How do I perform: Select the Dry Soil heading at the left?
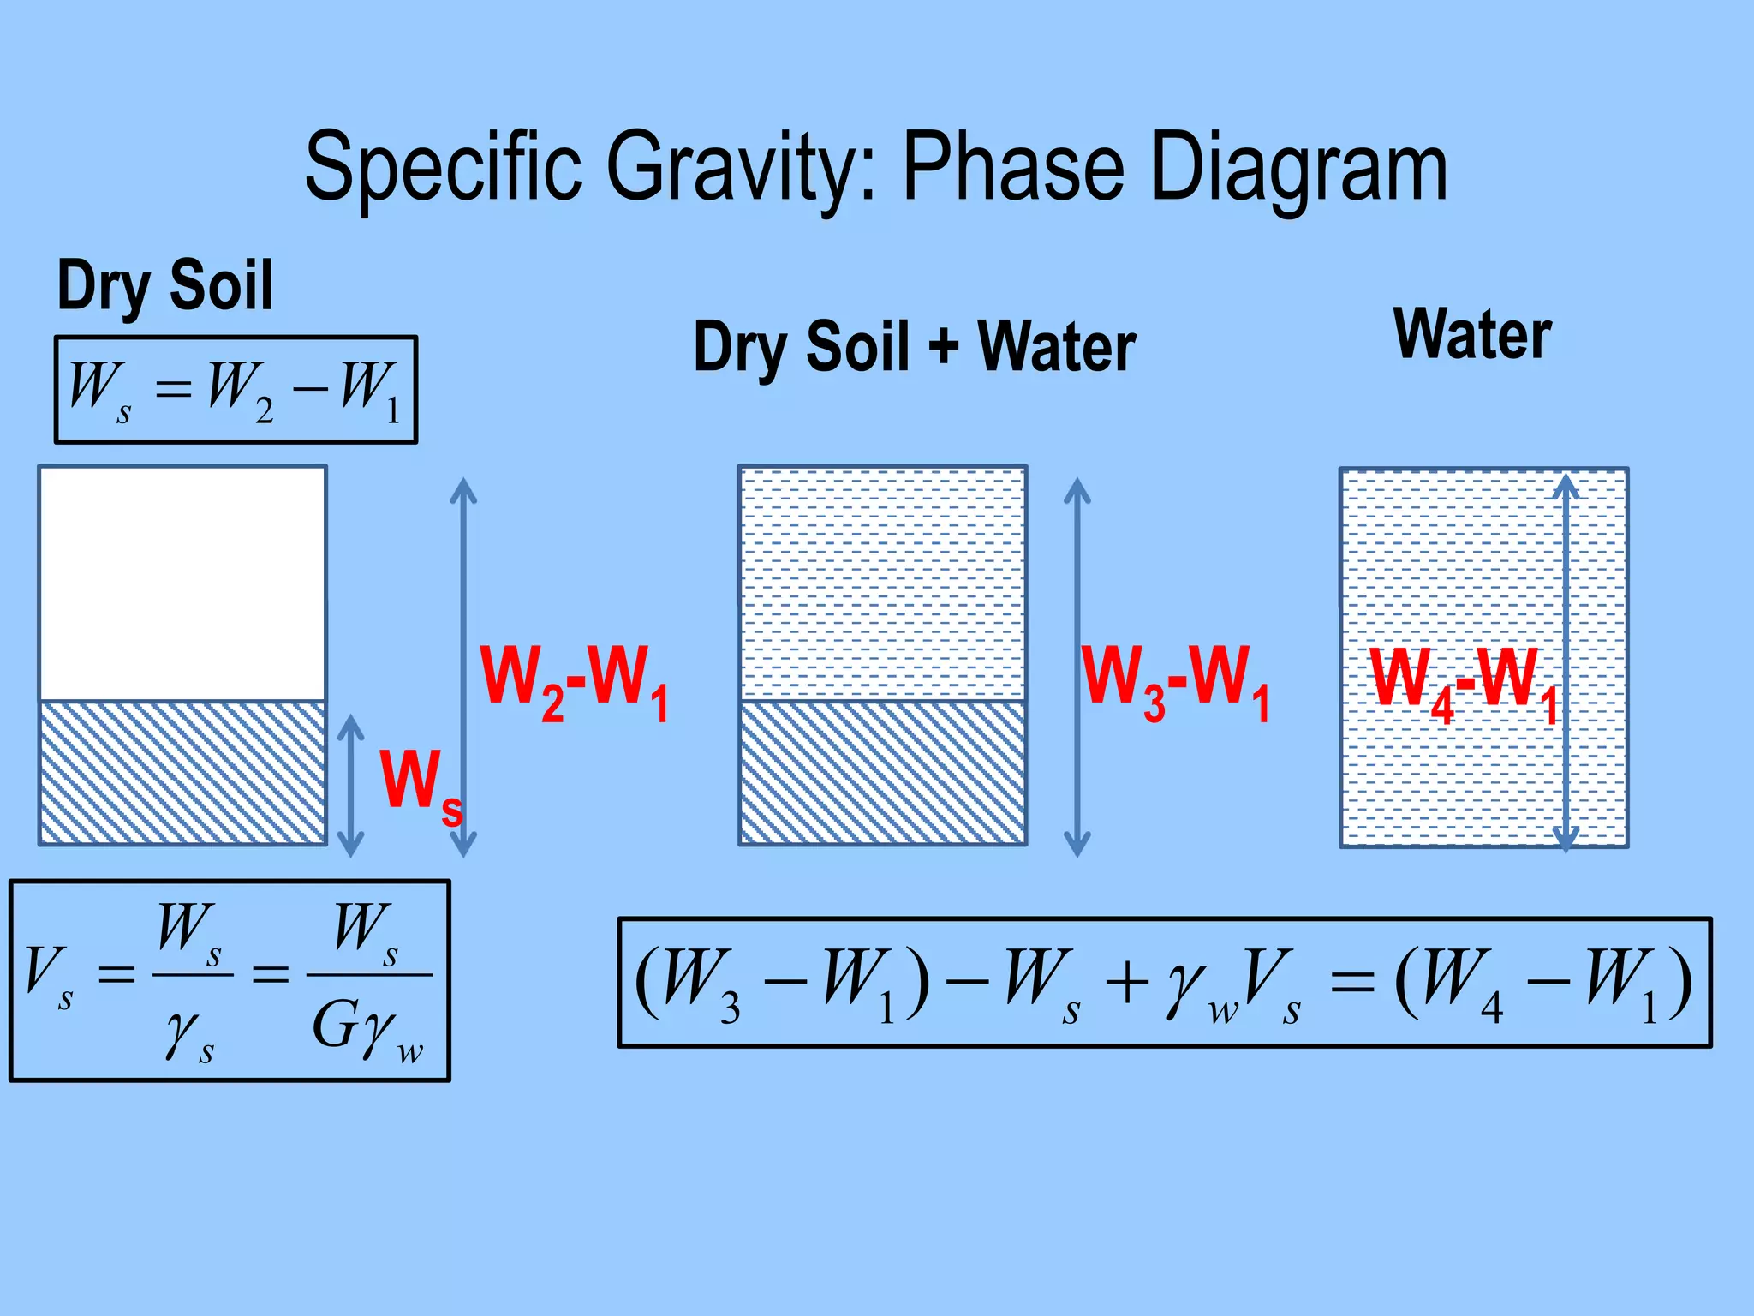(x=164, y=285)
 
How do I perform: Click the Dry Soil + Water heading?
(x=914, y=347)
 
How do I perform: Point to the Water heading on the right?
(x=1472, y=334)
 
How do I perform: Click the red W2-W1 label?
(x=574, y=681)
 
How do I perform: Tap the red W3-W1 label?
(x=1175, y=681)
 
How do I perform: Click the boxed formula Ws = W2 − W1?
(x=236, y=390)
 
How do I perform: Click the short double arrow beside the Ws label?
(x=350, y=786)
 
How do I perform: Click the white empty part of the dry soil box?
(x=182, y=583)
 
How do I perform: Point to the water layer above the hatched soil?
(x=882, y=583)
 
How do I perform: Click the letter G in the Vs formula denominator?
(x=334, y=1025)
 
